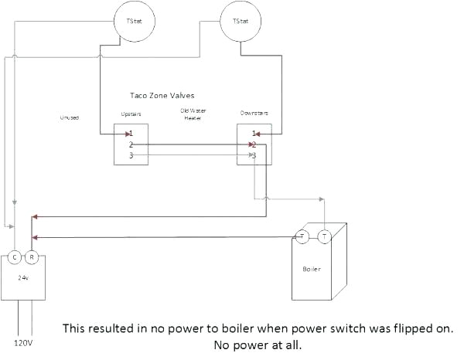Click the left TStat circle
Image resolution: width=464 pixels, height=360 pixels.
pyautogui.click(x=133, y=21)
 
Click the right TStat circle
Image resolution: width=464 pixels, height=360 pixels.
pyautogui.click(x=240, y=21)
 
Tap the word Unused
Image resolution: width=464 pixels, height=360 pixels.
pyautogui.click(x=70, y=117)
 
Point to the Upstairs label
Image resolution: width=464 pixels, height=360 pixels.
pyautogui.click(x=131, y=114)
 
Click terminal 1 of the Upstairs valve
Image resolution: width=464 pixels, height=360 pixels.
pyautogui.click(x=131, y=134)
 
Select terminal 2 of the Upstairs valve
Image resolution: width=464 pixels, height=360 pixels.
pyautogui.click(x=131, y=144)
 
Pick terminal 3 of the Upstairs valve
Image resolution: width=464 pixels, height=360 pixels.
pyautogui.click(x=131, y=155)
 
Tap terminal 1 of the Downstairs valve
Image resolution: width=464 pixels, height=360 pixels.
pyautogui.click(x=254, y=134)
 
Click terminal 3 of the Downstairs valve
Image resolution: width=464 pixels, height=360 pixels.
pyautogui.click(x=254, y=155)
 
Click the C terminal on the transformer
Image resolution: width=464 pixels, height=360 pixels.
pyautogui.click(x=15, y=256)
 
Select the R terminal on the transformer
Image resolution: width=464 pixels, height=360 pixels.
pyautogui.click(x=31, y=256)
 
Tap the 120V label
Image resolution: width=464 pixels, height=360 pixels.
pyautogui.click(x=24, y=341)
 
